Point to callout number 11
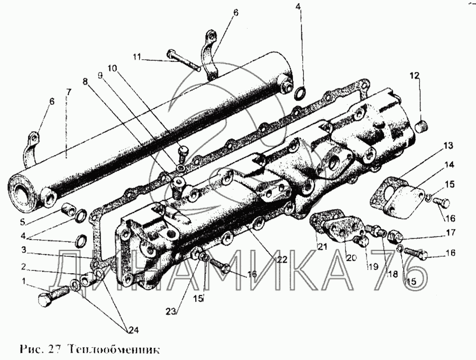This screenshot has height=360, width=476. click(138, 56)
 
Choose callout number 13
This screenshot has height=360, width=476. click(447, 145)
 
